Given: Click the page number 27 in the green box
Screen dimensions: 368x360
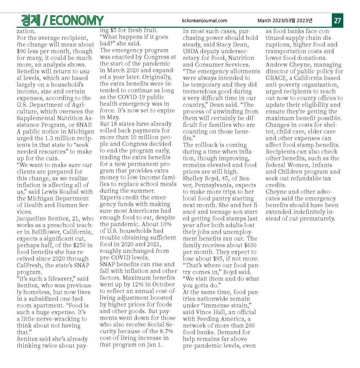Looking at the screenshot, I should pos(337,20).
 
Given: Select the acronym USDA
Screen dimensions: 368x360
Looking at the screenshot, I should pos(192,51).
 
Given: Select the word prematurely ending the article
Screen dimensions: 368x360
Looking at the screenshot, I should pos(316,218).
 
